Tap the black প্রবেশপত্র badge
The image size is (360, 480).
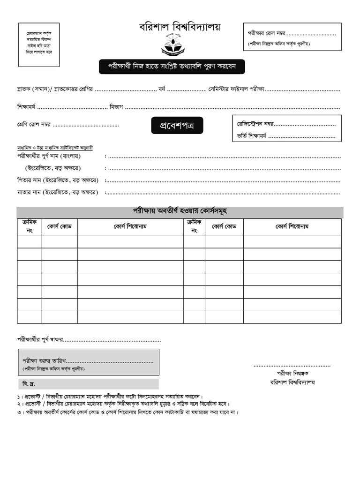coord(177,125)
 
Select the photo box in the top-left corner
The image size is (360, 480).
coord(39,45)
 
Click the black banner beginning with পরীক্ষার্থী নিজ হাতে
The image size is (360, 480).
coord(172,67)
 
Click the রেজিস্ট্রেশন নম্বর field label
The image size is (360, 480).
coord(255,124)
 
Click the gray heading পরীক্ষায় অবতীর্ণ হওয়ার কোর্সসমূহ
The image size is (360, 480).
coord(180,211)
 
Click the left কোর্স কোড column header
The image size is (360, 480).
coord(59,226)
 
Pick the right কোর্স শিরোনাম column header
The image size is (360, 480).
coord(292,226)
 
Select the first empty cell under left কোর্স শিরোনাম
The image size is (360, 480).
coord(130,241)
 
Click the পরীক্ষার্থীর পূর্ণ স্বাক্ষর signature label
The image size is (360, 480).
coord(39,339)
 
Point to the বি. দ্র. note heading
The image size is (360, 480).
coord(29,384)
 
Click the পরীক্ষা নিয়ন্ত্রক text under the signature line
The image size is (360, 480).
coord(292,373)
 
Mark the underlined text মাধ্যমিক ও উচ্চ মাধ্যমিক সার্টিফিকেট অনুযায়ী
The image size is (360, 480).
coord(55,147)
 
